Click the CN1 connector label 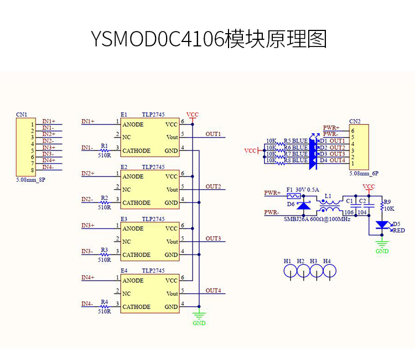(x=22, y=114)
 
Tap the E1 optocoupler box (x=150, y=137)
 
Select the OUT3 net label (x=213, y=238)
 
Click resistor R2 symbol (x=104, y=202)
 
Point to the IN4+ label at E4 (x=88, y=277)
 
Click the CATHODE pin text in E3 (x=136, y=255)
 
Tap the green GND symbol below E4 (x=199, y=317)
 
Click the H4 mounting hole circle (x=330, y=271)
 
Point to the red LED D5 (x=382, y=225)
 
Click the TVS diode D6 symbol (x=303, y=205)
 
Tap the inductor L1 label (x=328, y=196)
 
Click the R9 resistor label (x=387, y=202)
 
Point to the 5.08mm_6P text (x=364, y=173)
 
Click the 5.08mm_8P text (x=31, y=180)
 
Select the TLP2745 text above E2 (x=153, y=166)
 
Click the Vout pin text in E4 (x=172, y=294)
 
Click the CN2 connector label (x=355, y=121)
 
